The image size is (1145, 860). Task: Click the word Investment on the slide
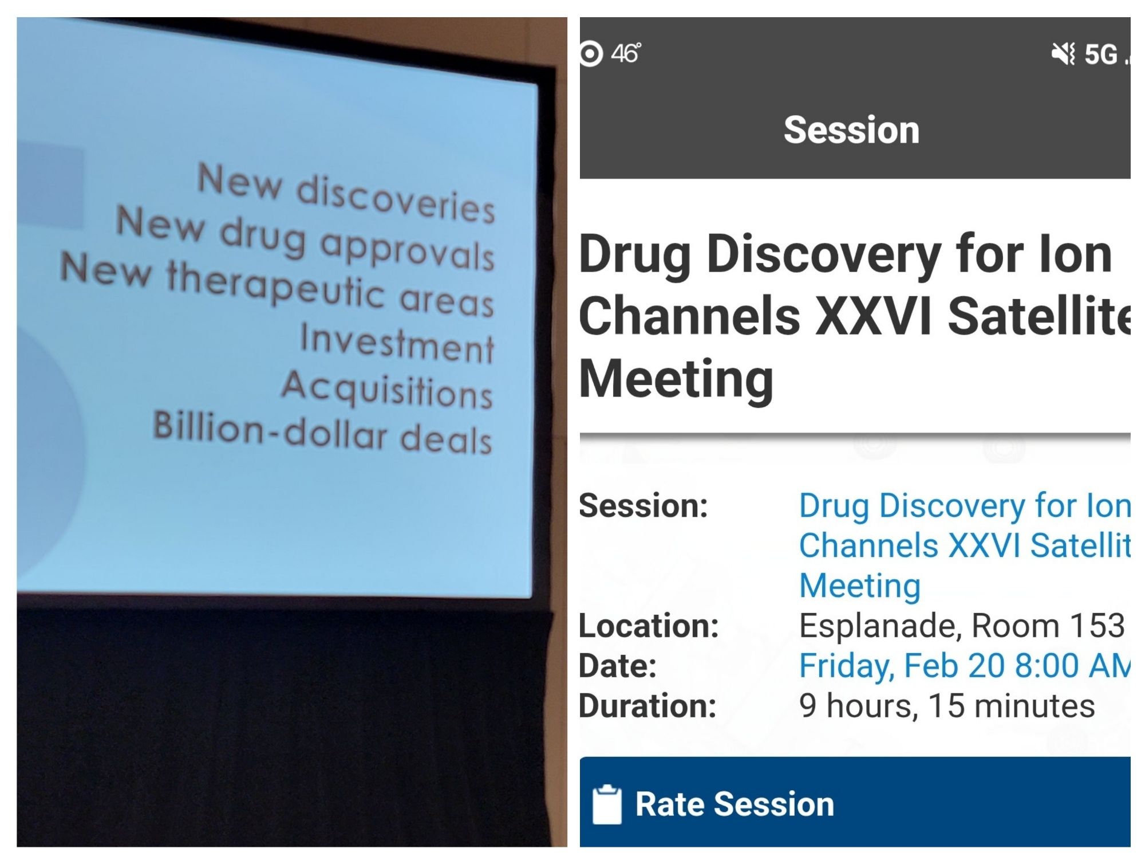[397, 343]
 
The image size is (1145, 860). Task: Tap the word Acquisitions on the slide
[387, 389]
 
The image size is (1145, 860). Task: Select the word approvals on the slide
[408, 250]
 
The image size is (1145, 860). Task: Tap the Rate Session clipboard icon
[607, 804]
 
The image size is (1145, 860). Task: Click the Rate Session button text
[735, 804]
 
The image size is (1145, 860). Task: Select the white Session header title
[851, 129]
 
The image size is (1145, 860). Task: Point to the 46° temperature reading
[626, 53]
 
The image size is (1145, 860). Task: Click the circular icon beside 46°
[591, 54]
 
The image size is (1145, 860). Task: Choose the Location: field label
[649, 625]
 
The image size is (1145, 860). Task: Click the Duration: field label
[647, 705]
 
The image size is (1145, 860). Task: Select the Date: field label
[618, 666]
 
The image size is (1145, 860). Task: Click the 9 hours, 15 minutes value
[947, 705]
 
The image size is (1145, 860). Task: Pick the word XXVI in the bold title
[876, 316]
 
